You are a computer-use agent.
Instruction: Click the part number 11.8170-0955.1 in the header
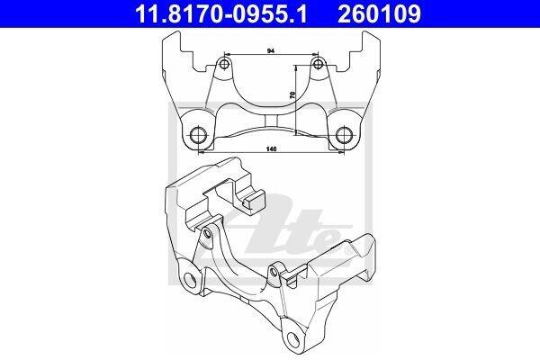221,14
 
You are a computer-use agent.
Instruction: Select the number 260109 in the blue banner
379,14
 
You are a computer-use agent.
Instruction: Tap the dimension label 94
271,51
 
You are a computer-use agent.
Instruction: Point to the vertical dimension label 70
292,95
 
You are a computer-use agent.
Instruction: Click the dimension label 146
272,149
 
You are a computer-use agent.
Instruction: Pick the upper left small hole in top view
224,64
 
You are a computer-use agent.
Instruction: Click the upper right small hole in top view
319,64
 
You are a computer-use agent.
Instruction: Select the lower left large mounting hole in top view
199,135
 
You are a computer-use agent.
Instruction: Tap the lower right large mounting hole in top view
344,135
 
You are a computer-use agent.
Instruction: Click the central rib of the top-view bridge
272,121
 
